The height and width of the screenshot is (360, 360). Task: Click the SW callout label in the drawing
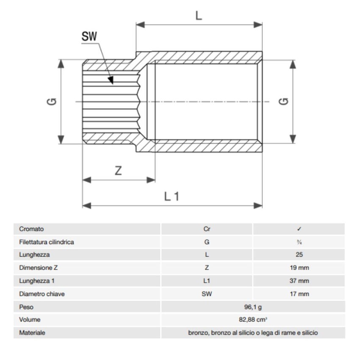[89, 36]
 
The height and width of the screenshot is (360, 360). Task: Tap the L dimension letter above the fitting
[199, 16]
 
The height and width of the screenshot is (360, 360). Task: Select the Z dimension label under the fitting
[119, 171]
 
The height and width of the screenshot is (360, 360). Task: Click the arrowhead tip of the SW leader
[112, 83]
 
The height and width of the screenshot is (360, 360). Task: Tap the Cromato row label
[31, 229]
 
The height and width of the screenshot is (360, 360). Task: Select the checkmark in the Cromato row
[299, 229]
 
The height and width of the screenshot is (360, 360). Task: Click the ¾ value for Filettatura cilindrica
[299, 242]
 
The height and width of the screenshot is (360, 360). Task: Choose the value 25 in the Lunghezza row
[299, 255]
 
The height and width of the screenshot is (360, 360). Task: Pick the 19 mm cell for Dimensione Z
[299, 268]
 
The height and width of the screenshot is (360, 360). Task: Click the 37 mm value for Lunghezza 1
[299, 281]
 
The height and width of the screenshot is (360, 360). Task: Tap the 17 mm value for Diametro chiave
[299, 294]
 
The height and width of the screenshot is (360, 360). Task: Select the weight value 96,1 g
[253, 307]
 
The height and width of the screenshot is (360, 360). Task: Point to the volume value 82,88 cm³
[253, 320]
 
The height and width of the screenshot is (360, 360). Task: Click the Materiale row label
[32, 333]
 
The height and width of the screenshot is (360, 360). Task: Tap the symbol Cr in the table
[207, 229]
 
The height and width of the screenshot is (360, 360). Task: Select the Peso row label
[26, 307]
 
